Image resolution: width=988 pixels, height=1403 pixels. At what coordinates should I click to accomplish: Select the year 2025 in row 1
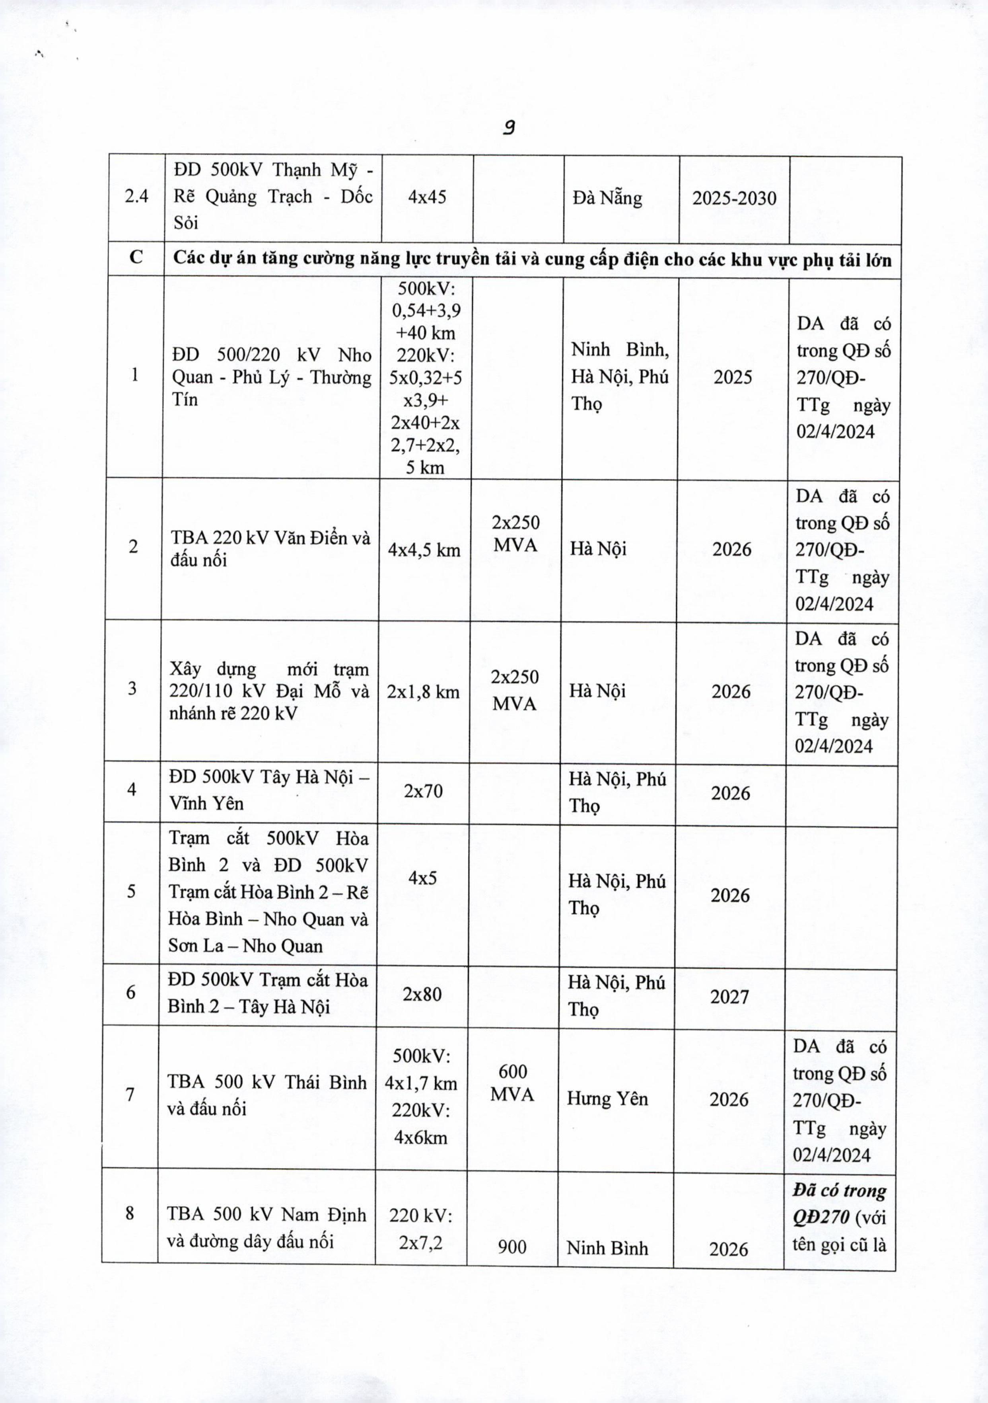(733, 377)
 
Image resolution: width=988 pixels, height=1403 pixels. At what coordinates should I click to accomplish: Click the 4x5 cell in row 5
(422, 878)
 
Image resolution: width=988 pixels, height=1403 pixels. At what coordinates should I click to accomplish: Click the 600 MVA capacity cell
(512, 1082)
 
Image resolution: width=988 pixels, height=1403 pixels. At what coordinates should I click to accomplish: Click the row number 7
(130, 1094)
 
